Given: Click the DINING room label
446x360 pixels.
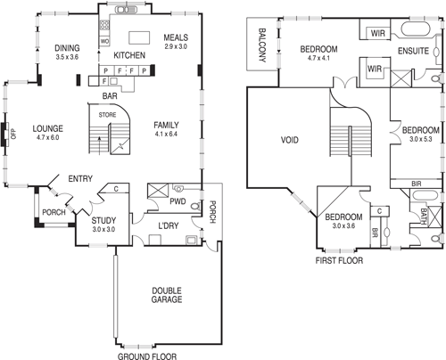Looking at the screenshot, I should pyautogui.click(x=68, y=47).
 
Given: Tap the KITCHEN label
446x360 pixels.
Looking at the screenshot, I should pyautogui.click(x=128, y=54).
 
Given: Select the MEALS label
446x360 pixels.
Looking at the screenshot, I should pyautogui.click(x=177, y=37).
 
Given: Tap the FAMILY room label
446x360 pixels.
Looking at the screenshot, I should pyautogui.click(x=167, y=124).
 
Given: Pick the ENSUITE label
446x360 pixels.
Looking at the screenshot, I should pyautogui.click(x=415, y=51).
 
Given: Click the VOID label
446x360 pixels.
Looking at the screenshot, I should pyautogui.click(x=290, y=140).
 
